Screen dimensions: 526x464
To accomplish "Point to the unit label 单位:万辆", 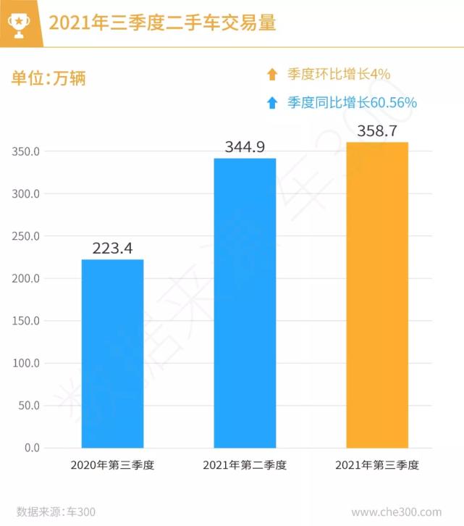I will pos(48,78).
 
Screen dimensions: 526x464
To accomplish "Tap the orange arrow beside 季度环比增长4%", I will pos(272,74).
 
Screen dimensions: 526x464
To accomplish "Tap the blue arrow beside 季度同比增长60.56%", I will pos(272,103).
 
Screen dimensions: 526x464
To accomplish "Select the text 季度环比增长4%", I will pos(339,74).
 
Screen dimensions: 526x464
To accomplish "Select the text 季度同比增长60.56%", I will pos(352,103).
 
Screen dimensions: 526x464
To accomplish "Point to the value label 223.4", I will pos(112,249).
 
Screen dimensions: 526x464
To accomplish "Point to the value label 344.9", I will pos(245,148).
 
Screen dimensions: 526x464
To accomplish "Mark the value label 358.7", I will pos(377,133).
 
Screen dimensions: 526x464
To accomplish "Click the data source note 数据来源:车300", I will pos(56,512).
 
